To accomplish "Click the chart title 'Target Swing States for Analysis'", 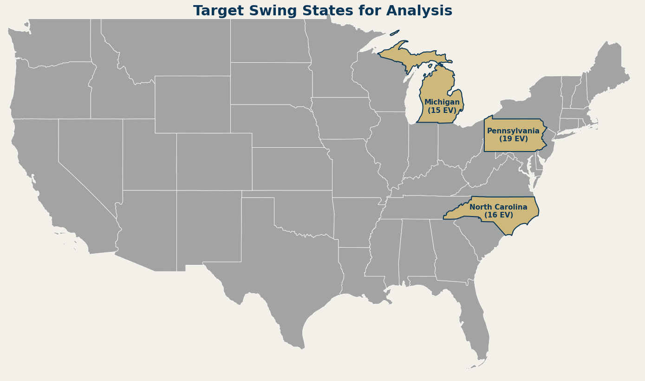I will (x=322, y=11).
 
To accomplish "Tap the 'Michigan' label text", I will (x=442, y=102).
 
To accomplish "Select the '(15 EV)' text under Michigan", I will (x=442, y=111).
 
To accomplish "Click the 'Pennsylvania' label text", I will (x=513, y=131).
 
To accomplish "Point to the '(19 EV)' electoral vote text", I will (x=513, y=139).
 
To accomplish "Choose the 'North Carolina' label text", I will (x=498, y=207).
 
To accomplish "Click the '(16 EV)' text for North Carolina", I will (x=498, y=215).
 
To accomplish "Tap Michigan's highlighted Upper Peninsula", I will (x=409, y=58).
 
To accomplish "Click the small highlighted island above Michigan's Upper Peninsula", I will (x=394, y=33).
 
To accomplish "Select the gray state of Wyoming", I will (x=192, y=104).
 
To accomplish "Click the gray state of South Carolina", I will (x=478, y=237).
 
